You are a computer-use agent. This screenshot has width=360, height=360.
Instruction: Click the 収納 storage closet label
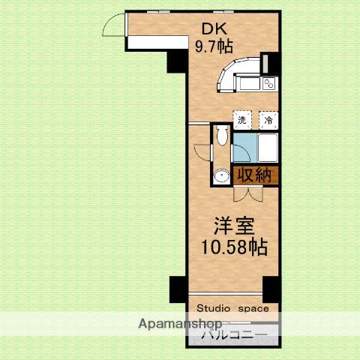255,175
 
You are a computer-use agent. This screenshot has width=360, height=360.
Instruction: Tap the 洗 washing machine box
241,119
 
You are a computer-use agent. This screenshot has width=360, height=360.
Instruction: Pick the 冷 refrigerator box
267,119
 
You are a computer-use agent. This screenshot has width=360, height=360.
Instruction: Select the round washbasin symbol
220,176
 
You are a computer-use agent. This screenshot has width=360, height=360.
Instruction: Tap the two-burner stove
268,83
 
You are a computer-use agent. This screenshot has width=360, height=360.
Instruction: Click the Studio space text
238,307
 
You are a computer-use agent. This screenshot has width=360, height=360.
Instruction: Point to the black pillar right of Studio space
271,289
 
